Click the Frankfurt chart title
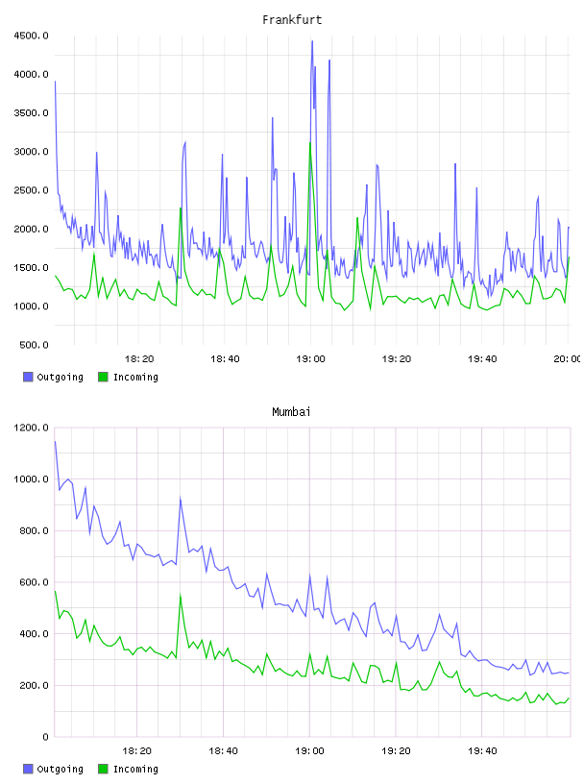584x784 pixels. point(292,20)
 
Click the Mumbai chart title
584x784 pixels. point(291,412)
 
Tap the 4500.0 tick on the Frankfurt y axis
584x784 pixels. point(32,36)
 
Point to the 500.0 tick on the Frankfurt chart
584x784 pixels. point(34,345)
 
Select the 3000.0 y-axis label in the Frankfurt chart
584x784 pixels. point(32,152)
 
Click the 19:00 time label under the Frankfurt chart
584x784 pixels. point(310,359)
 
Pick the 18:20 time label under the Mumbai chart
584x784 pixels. point(137,751)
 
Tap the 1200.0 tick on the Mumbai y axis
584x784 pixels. point(32,428)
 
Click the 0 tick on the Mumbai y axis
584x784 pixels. point(45,737)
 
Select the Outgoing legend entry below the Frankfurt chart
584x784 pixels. point(53,377)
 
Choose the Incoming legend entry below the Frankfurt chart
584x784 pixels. point(129,377)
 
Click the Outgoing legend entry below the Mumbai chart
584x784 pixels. point(53,769)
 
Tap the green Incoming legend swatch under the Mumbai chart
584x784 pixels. point(103,769)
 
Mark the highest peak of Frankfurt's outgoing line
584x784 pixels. point(312,41)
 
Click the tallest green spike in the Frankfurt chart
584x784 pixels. point(310,143)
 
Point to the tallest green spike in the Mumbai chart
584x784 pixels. point(180,595)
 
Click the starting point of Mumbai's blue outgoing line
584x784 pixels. point(55,442)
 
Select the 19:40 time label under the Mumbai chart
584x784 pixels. point(482,751)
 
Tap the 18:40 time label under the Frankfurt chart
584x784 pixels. point(225,359)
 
